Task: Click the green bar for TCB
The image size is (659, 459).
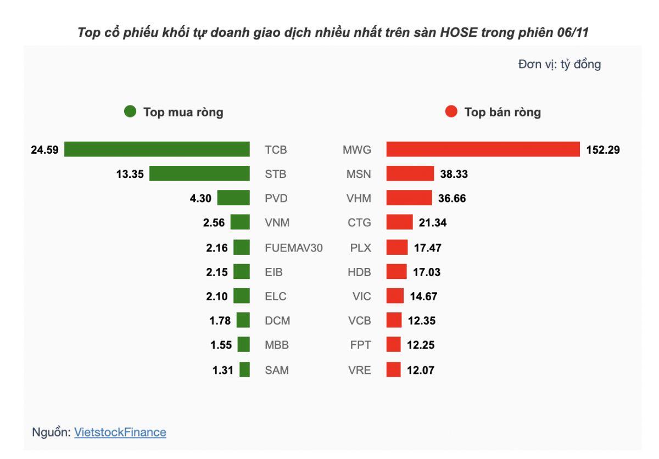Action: click(157, 149)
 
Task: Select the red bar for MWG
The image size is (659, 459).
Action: click(483, 149)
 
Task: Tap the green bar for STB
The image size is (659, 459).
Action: click(199, 174)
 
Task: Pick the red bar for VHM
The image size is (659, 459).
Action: click(409, 198)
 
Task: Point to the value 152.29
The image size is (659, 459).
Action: click(603, 150)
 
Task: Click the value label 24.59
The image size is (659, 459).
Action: click(44, 150)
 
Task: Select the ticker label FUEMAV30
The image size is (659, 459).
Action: click(293, 248)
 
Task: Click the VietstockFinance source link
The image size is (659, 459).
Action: click(120, 432)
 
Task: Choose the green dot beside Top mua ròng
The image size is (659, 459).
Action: click(130, 112)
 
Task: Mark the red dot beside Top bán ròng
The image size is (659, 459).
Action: click(451, 112)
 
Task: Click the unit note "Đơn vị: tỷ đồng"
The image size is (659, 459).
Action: click(559, 65)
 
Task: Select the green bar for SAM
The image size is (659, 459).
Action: click(245, 370)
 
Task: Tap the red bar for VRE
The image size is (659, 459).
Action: click(393, 370)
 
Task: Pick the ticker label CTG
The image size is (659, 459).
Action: click(360, 223)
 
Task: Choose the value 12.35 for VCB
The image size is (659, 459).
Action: click(422, 321)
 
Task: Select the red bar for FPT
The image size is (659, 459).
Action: click(393, 345)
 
